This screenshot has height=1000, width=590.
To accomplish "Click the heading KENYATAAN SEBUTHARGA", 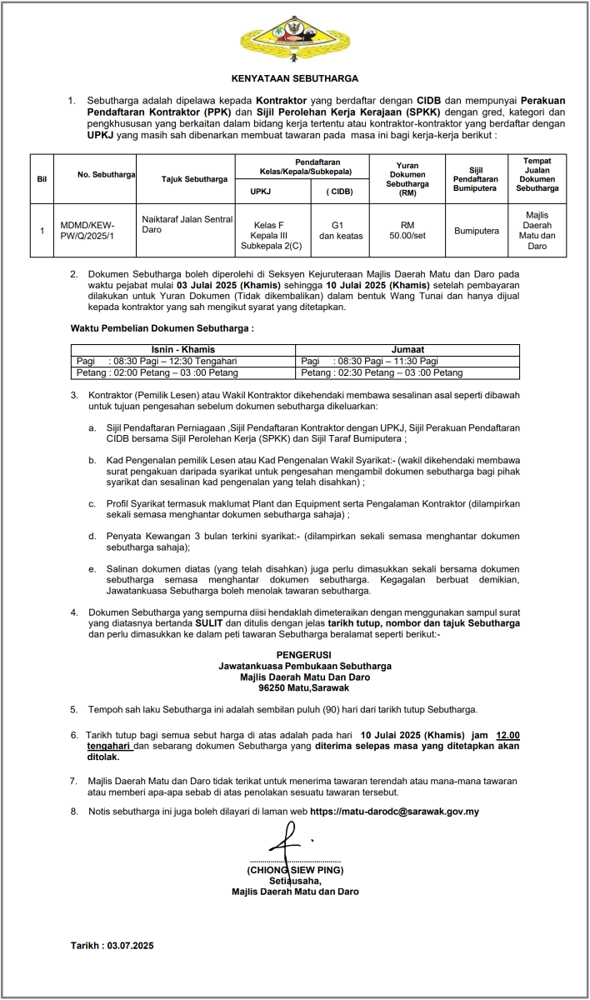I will coord(294,78).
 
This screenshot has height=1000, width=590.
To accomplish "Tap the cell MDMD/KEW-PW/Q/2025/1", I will coord(87,230).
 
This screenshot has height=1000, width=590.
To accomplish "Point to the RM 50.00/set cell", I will coord(407,230).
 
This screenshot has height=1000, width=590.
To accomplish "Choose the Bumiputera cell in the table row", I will coord(476,230).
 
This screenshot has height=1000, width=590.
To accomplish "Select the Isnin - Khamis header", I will coord(183,349).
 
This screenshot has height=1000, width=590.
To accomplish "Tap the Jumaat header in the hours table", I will coord(407,349).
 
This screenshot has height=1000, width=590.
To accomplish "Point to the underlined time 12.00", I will coord(507,736).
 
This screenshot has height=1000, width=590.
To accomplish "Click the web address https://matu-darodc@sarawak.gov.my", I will coord(394,811).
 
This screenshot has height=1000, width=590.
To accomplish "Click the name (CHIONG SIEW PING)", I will coord(295,869).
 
